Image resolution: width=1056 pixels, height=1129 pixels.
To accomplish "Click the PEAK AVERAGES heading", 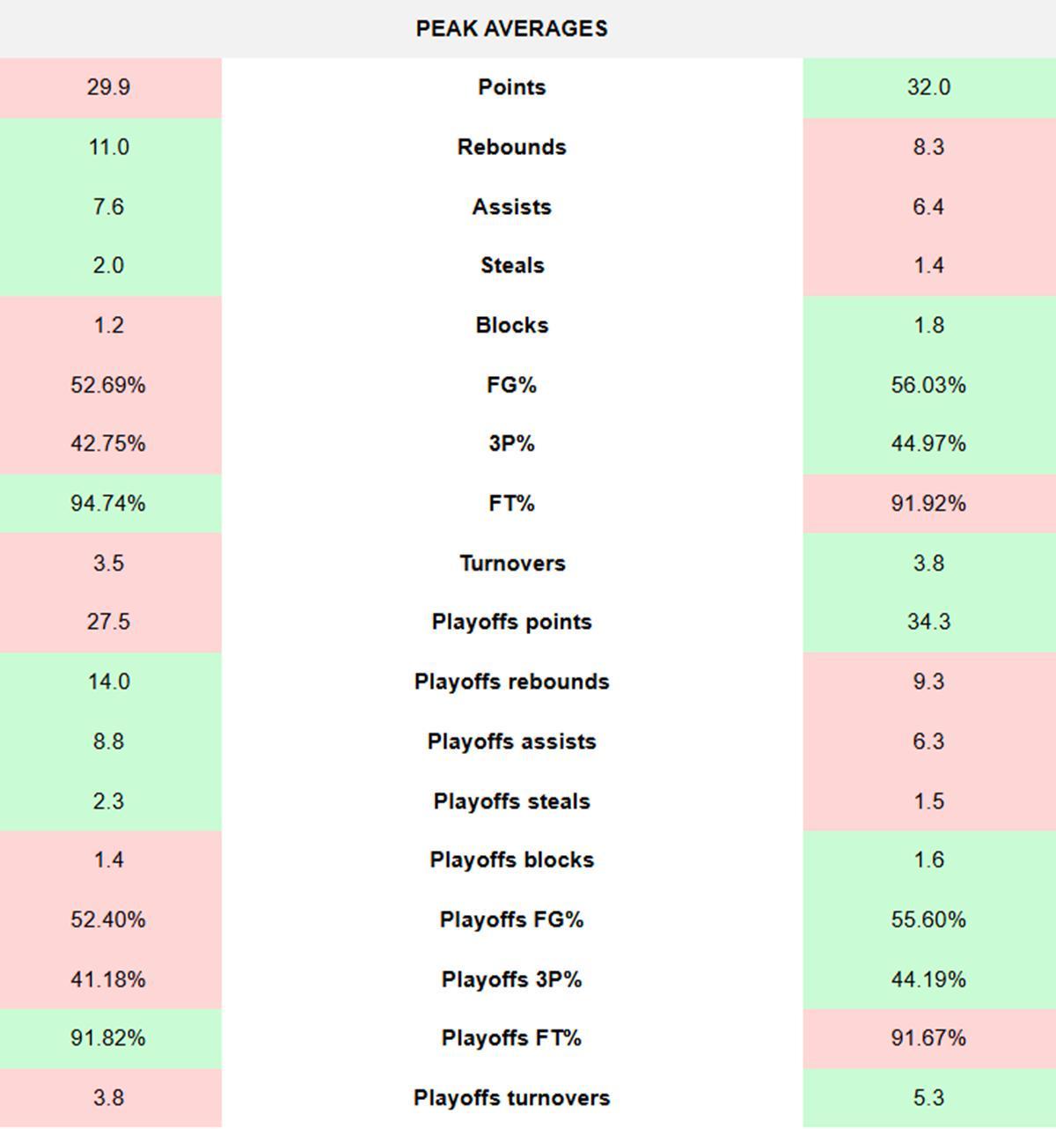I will point(511,28).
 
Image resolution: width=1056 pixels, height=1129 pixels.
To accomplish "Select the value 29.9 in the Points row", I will point(108,87).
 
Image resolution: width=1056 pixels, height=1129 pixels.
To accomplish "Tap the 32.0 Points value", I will point(928,87).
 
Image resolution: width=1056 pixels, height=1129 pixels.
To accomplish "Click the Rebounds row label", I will point(511,147).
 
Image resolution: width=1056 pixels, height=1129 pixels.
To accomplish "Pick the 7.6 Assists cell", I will point(108,207).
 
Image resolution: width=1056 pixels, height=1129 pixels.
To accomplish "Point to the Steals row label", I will point(511,266).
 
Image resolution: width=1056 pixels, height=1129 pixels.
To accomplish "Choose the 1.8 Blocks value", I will point(928,326).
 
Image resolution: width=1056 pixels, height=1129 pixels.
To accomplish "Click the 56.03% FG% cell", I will point(928,385).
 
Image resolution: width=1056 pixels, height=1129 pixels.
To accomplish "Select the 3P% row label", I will point(511,444).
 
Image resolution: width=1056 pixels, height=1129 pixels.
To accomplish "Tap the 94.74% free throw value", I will point(108,504).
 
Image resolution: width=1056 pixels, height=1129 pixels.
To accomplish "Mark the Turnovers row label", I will point(511,564).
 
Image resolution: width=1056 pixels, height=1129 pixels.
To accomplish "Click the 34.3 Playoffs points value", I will point(928,623).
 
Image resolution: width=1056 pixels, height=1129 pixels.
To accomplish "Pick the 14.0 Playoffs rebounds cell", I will point(108,682).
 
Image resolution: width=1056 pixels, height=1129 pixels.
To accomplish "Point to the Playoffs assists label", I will point(511,742).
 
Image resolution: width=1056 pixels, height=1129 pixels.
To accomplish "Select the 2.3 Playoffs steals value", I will point(108,801).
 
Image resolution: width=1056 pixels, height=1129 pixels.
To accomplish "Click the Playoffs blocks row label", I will point(511,860).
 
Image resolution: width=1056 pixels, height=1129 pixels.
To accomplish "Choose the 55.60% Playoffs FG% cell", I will point(928,920).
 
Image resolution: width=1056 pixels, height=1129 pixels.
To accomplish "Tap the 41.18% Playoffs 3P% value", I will point(108,979).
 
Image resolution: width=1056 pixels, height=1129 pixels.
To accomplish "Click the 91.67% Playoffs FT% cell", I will point(928,1038).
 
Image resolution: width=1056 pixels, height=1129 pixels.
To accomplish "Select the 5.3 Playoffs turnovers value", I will point(928,1098).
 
